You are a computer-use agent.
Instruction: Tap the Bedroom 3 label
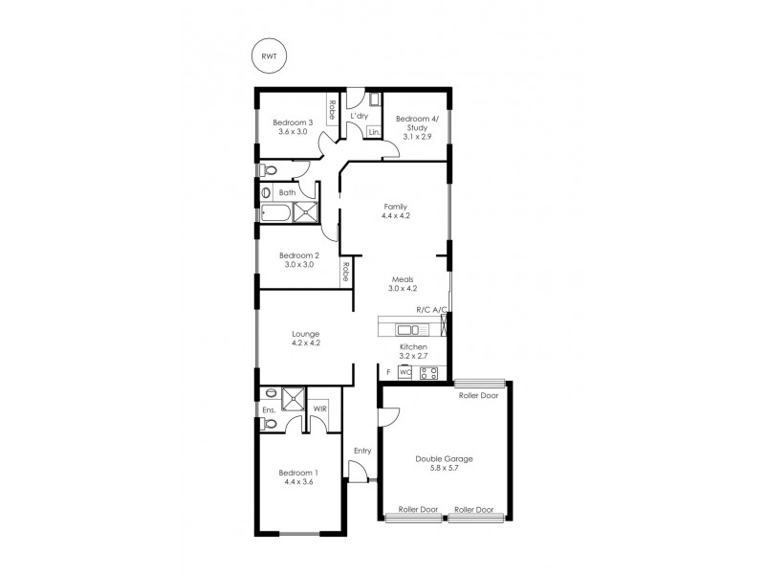click(x=293, y=121)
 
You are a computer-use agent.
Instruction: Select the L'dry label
click(x=360, y=117)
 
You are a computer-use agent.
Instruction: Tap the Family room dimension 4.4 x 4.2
click(x=395, y=216)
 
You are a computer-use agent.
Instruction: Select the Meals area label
click(x=401, y=278)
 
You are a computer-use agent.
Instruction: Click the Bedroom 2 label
click(x=298, y=255)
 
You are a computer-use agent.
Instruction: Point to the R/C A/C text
click(x=431, y=310)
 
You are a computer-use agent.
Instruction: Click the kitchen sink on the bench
click(x=408, y=329)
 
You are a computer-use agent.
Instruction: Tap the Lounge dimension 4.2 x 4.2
click(x=306, y=342)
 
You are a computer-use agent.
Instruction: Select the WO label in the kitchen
click(x=405, y=371)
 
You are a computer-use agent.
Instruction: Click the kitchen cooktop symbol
click(x=429, y=372)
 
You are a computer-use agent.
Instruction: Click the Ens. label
click(x=269, y=410)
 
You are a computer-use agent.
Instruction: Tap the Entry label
click(x=362, y=451)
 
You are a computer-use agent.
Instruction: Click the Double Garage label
click(x=444, y=458)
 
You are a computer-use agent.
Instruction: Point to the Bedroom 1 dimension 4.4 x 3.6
click(x=298, y=482)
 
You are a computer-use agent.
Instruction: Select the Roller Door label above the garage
click(x=477, y=395)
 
